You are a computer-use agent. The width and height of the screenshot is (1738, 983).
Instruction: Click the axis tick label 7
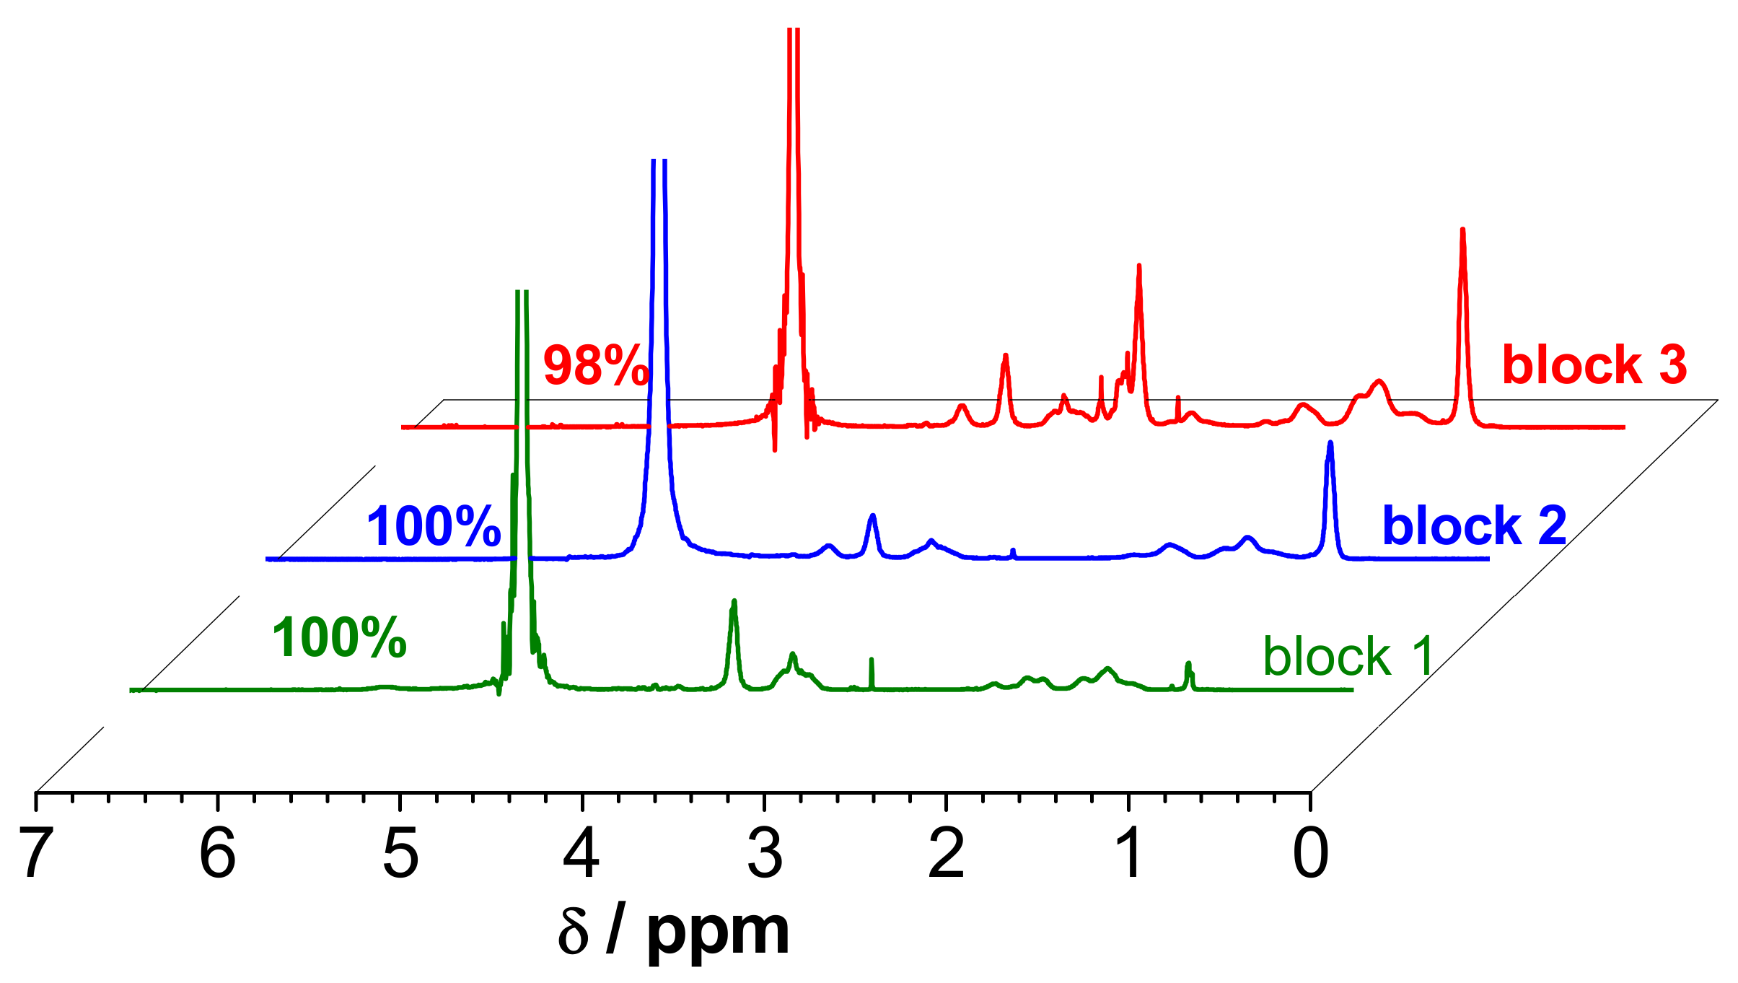click(x=36, y=853)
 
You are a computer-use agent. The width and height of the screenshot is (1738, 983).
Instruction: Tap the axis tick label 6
click(x=218, y=853)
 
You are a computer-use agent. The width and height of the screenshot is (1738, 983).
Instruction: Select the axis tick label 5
click(x=400, y=853)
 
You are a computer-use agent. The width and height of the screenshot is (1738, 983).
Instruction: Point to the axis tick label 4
click(x=581, y=853)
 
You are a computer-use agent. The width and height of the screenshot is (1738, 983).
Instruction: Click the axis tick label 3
click(x=765, y=853)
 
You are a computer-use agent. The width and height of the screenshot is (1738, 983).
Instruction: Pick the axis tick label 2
click(x=947, y=853)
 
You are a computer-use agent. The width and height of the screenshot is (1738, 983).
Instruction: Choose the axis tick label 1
click(x=1130, y=853)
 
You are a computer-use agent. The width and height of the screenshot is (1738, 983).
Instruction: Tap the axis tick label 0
click(x=1311, y=853)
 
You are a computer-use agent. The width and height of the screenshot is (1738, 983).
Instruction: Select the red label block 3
click(x=1594, y=364)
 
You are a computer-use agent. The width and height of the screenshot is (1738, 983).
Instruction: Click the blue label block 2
click(x=1474, y=525)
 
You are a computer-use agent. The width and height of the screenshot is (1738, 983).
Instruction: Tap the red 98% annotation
click(x=596, y=365)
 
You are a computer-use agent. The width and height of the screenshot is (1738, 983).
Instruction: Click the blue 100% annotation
click(x=434, y=526)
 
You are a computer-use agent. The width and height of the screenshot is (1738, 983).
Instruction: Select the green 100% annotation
click(x=339, y=638)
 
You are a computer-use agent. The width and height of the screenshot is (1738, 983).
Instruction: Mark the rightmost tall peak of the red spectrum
click(x=1462, y=231)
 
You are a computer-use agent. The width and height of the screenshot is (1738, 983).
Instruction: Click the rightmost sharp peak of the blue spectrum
click(x=1330, y=443)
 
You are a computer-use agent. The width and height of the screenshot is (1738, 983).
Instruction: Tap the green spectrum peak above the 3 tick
click(x=734, y=602)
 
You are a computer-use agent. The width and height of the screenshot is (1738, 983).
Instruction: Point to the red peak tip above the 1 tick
click(x=1138, y=267)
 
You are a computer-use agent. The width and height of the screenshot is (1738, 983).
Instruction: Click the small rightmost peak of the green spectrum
click(x=1188, y=663)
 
